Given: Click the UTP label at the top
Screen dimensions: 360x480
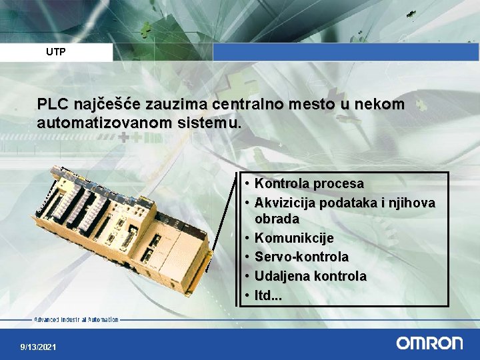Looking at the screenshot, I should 56,51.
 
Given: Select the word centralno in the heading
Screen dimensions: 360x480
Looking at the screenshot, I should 245,105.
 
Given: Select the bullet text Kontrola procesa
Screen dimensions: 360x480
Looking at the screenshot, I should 309,183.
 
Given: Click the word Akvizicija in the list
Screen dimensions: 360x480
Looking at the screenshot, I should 285,202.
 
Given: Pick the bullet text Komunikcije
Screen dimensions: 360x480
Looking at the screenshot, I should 294,238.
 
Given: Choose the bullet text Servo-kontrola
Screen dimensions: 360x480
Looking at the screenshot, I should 301,257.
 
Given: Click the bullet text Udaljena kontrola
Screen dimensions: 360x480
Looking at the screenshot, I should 311,275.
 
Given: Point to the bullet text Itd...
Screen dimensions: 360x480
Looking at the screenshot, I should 268,294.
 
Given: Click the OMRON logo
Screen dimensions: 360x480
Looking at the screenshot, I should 429,343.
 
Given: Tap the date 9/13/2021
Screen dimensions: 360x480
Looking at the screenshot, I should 39,347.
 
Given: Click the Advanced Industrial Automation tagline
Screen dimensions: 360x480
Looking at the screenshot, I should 76,320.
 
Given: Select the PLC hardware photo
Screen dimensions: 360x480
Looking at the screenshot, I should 123,227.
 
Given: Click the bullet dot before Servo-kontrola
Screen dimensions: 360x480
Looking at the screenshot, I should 247,257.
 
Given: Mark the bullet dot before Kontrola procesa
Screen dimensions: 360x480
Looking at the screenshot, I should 247,183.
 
